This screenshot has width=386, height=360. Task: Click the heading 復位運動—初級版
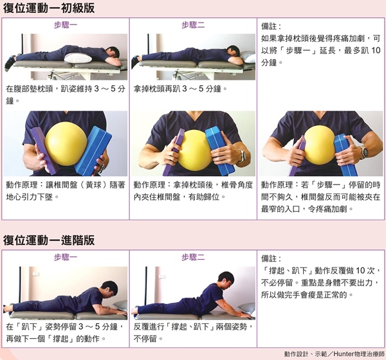pos(49,8)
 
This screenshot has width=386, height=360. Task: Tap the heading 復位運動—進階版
pos(49,240)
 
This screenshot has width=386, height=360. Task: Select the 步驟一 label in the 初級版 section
pos(66,25)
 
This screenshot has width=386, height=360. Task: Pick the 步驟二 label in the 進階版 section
pos(193,257)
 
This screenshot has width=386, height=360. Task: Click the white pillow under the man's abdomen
pos(78,58)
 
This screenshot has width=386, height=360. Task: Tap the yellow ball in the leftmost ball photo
pos(66,143)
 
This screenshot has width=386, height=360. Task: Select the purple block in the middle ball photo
pos(174,152)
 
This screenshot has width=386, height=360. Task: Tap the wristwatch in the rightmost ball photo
pos(363,152)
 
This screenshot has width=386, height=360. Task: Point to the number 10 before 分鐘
pos(376,50)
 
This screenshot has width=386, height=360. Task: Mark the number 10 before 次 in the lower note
pos(360,271)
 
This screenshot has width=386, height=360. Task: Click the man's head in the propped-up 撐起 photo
pos(226,280)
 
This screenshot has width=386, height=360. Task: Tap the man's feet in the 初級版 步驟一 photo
pos(10,62)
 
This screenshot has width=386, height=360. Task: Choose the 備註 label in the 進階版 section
pos(271,258)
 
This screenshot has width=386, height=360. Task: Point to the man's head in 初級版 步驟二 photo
pos(233,51)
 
